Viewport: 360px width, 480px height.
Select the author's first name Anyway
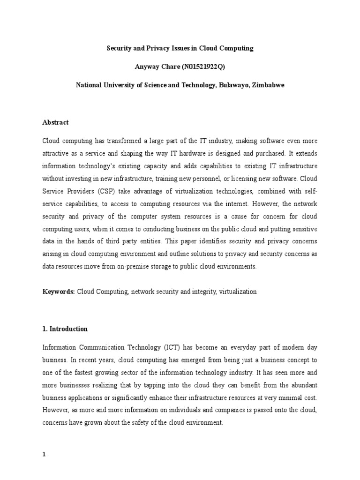click(x=148, y=67)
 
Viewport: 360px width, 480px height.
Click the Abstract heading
click(x=55, y=122)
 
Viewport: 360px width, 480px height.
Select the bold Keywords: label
click(x=59, y=292)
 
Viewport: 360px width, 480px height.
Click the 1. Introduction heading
click(x=65, y=329)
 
